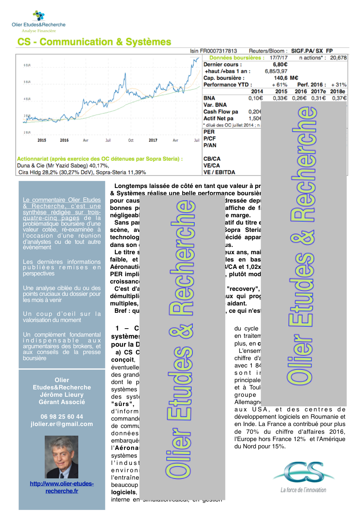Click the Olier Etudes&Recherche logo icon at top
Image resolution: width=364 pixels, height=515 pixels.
pos(39,15)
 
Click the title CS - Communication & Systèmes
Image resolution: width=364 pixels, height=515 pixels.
pos(94,42)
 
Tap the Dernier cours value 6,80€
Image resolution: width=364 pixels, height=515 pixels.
pos(280,65)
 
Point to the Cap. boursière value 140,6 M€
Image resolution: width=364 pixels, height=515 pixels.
pos(286,78)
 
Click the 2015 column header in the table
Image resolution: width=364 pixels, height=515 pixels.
pos(281,92)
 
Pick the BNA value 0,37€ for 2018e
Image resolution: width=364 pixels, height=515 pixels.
pos(339,98)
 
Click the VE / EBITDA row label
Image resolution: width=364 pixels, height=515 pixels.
pos(219,172)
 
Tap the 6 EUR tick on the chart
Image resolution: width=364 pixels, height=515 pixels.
pos(27,65)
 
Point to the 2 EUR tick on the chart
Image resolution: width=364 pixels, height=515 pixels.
pos(27,133)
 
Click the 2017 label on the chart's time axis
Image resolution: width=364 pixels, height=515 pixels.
pos(153,141)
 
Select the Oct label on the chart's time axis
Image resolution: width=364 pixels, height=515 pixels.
pos(131,141)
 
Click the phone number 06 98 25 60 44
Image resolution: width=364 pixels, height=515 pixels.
pos(62,417)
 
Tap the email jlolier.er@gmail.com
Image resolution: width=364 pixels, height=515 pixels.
pos(62,424)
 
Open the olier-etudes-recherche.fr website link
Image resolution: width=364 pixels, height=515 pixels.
pos(62,487)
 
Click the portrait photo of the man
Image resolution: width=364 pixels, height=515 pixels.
pos(61,457)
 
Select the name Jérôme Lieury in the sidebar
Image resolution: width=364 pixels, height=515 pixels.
pos(62,395)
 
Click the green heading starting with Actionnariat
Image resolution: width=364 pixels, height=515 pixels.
pos(100,159)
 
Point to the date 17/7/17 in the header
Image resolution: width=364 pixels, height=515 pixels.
pos(278,58)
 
